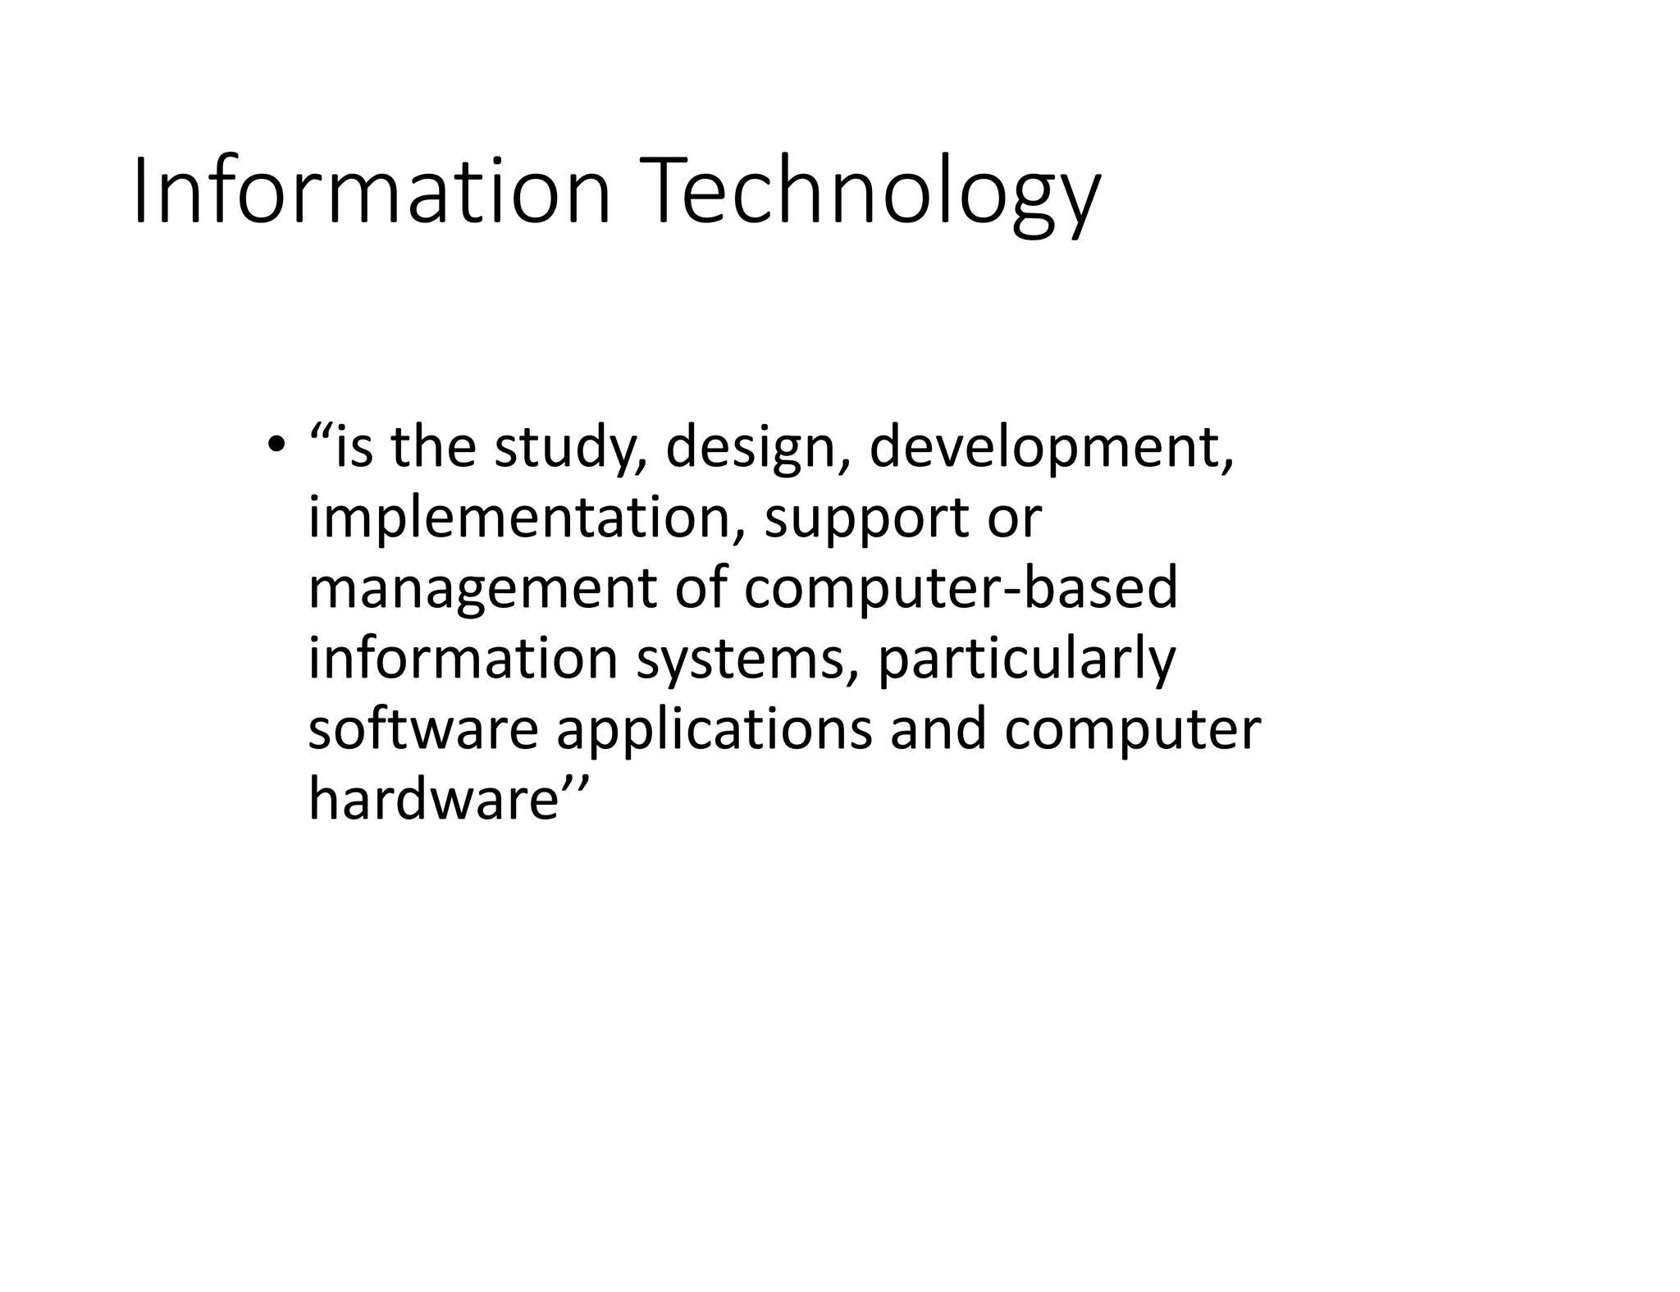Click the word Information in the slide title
click(371, 193)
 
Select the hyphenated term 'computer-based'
click(961, 589)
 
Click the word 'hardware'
click(434, 799)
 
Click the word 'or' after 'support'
click(1014, 520)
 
